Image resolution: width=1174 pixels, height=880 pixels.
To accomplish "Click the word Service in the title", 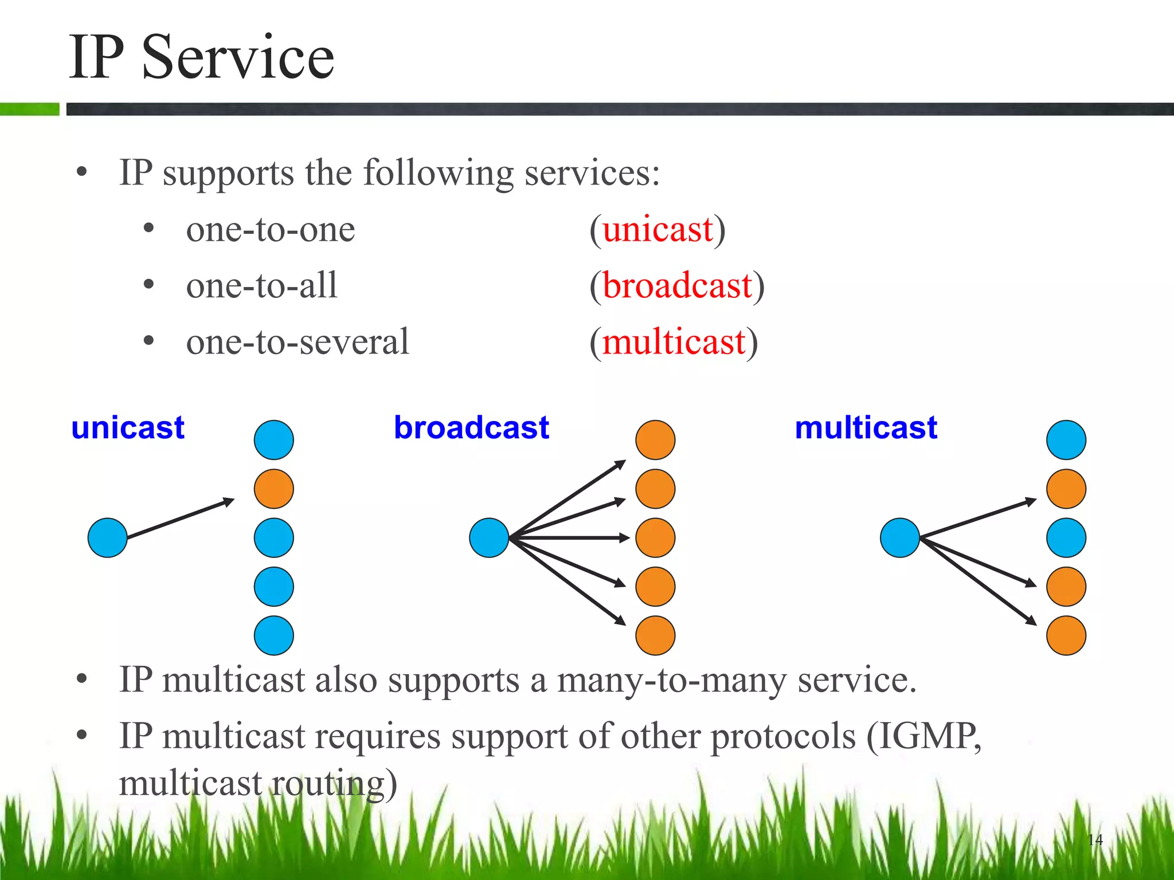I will (237, 57).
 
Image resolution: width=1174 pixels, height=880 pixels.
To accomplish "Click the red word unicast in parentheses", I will (658, 230).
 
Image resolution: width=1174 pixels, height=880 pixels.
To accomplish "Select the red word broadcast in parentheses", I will (677, 285).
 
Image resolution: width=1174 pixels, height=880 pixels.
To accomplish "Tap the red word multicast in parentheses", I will (674, 342).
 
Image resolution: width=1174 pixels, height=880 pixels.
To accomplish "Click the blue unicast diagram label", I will (128, 428).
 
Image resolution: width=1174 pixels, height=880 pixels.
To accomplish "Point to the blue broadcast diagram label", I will (471, 428).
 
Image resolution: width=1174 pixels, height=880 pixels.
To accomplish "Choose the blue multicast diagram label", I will (866, 428).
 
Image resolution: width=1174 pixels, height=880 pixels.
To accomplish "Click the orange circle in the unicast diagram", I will (274, 489).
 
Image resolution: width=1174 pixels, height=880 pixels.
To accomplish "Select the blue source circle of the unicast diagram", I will (107, 537).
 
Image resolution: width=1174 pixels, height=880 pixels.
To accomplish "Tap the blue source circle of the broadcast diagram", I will (489, 537).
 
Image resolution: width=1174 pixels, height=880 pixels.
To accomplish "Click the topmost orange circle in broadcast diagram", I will (655, 440).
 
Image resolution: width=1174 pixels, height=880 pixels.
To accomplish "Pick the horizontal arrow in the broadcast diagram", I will (570, 537).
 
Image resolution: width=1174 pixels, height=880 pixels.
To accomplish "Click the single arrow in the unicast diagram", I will (181, 518).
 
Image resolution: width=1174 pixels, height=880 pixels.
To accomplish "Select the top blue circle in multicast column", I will (1066, 440).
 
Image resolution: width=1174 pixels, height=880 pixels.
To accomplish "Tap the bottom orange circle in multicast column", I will (1066, 635).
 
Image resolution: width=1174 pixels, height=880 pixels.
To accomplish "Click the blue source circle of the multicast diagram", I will (899, 537).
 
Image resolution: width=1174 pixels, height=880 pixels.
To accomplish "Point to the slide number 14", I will (1095, 840).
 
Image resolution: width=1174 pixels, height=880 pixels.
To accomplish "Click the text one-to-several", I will (298, 342).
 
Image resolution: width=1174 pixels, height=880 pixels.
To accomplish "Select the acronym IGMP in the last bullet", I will (925, 736).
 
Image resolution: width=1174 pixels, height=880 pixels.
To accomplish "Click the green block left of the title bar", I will (29, 109).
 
